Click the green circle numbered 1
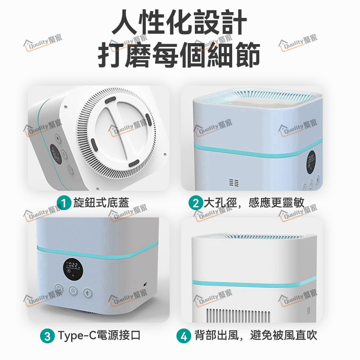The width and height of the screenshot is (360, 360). pyautogui.click(x=64, y=203)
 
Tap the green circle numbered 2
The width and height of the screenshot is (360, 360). pyautogui.click(x=196, y=203)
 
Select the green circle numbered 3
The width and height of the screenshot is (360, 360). pyautogui.click(x=47, y=336)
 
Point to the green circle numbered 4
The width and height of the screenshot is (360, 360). pyautogui.click(x=184, y=336)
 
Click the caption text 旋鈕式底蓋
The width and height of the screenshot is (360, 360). pyautogui.click(x=101, y=202)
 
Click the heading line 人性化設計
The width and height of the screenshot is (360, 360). pyautogui.click(x=180, y=22)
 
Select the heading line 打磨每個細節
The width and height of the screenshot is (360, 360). pyautogui.click(x=179, y=54)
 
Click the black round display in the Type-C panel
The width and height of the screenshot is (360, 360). pyautogui.click(x=73, y=270)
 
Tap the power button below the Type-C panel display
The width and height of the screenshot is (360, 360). pyautogui.click(x=59, y=288)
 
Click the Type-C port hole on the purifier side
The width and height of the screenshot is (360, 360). pyautogui.click(x=145, y=285)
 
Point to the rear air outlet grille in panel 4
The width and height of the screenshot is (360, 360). pyautogui.click(x=238, y=316)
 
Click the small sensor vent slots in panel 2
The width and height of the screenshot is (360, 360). pyautogui.click(x=234, y=183)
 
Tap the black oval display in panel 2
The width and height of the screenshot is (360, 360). pyautogui.click(x=311, y=162)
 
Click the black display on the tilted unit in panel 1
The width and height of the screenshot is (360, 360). pyautogui.click(x=56, y=153)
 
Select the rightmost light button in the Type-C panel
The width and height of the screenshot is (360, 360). pyautogui.click(x=88, y=293)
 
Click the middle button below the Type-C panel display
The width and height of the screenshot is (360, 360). pyautogui.click(x=73, y=291)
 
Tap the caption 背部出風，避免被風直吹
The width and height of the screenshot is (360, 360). pyautogui.click(x=256, y=335)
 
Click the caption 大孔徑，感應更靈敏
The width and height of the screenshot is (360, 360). pyautogui.click(x=254, y=202)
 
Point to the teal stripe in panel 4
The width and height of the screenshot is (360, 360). pyautogui.click(x=254, y=284)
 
